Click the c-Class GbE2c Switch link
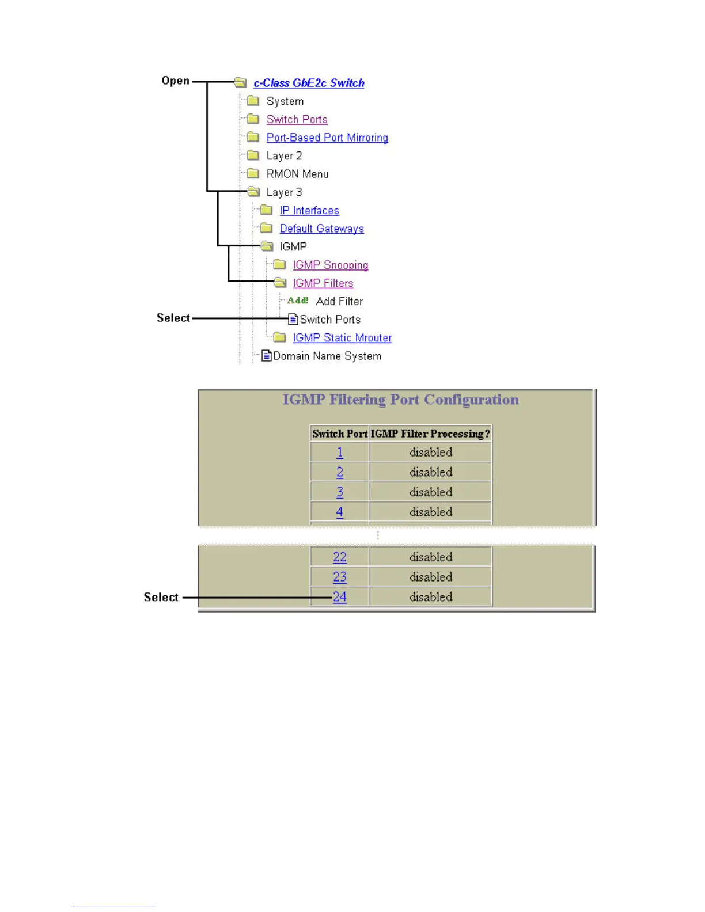point(309,83)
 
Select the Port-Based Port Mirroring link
point(327,138)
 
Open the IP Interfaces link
point(309,211)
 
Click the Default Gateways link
point(321,229)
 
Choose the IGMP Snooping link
point(330,265)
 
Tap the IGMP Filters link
point(323,283)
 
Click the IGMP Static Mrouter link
point(342,338)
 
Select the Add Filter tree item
point(339,301)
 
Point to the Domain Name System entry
point(327,356)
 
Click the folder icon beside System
point(253,101)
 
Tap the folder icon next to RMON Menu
point(253,173)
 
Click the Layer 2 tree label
point(284,156)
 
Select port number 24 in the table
point(340,596)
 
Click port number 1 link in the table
point(340,453)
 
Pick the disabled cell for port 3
point(430,492)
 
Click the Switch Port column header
point(339,434)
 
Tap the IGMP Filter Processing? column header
point(430,434)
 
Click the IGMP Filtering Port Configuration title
point(400,400)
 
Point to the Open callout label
point(175,81)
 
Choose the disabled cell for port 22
point(430,557)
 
